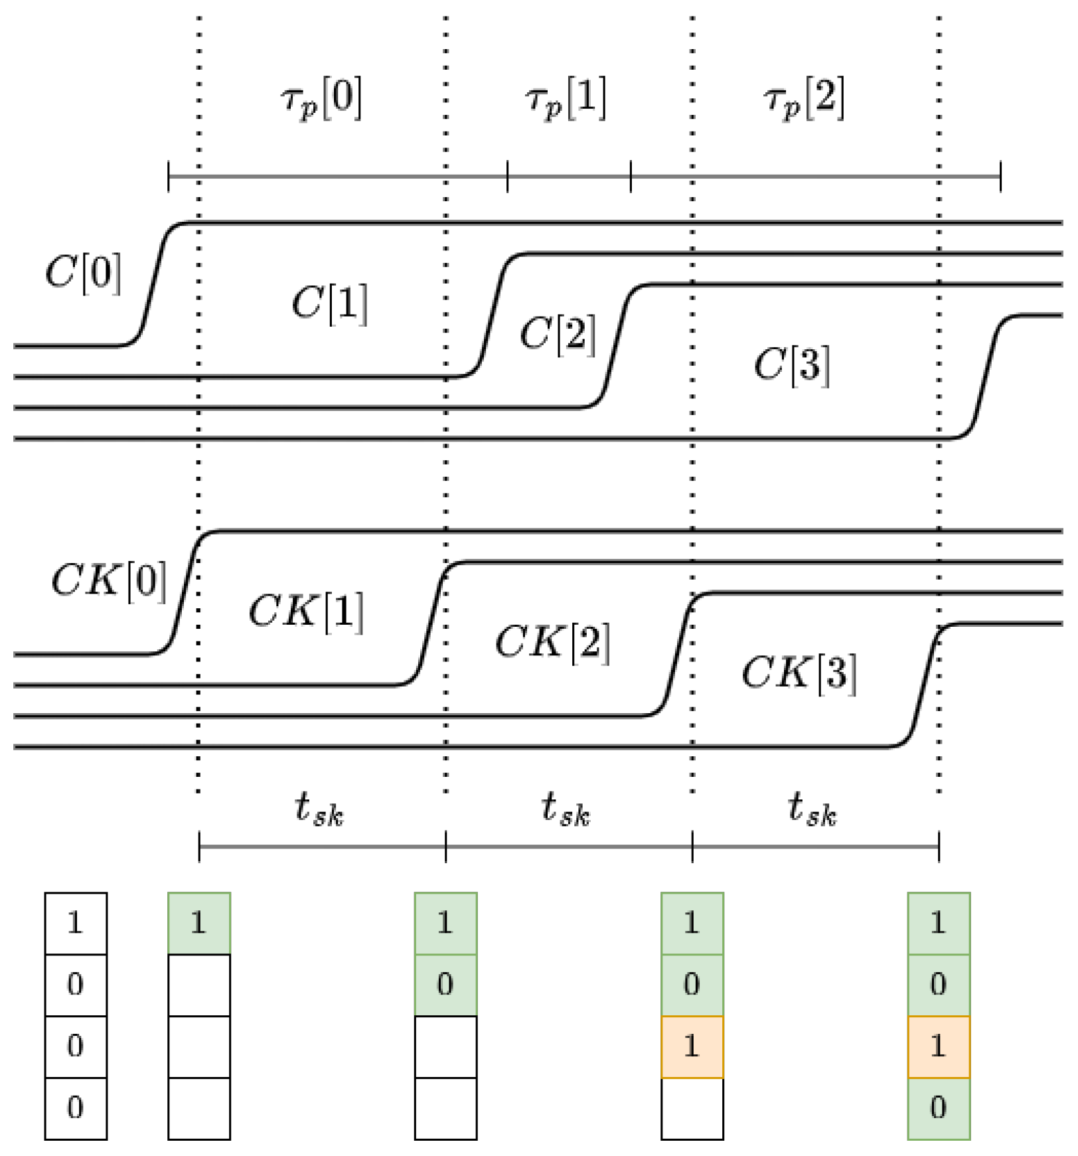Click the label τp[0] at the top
pos(321,100)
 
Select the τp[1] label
pos(566,100)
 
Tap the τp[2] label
pos(804,100)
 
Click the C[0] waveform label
pos(84,272)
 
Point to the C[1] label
pos(330,304)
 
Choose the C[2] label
pos(558,334)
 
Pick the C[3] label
pos(792,365)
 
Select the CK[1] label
pos(306,612)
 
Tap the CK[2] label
pos(553,643)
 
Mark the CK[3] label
pos(799,673)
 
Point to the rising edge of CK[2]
pos(678,654)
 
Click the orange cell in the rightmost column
pos(939,1046)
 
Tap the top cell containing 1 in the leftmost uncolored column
pos(76,923)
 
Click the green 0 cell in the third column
pos(445,985)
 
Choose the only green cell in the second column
pos(199,923)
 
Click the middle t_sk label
pos(566,810)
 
